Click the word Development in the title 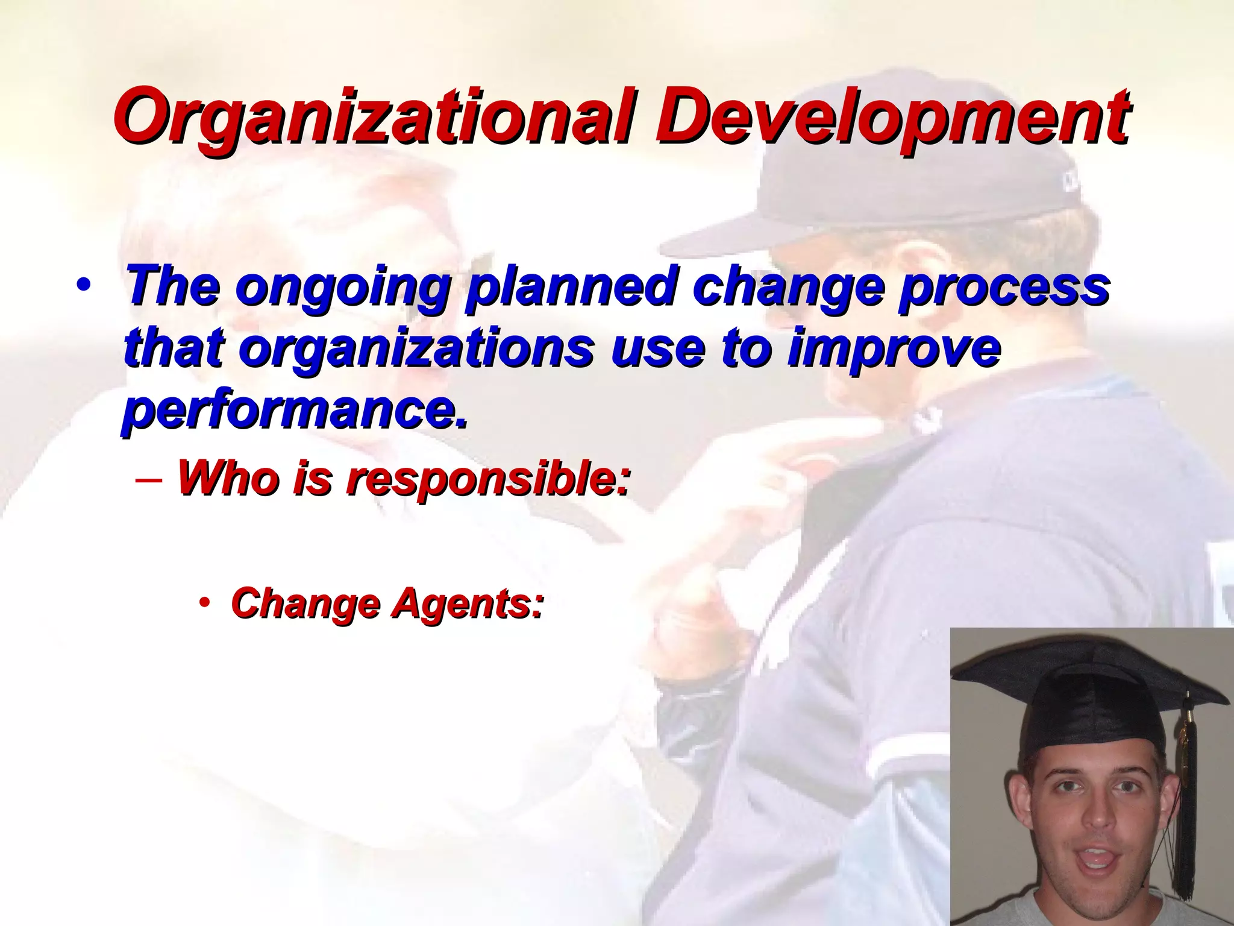[x=893, y=116]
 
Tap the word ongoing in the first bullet [x=347, y=288]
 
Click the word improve [x=894, y=350]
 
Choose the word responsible [x=488, y=478]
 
